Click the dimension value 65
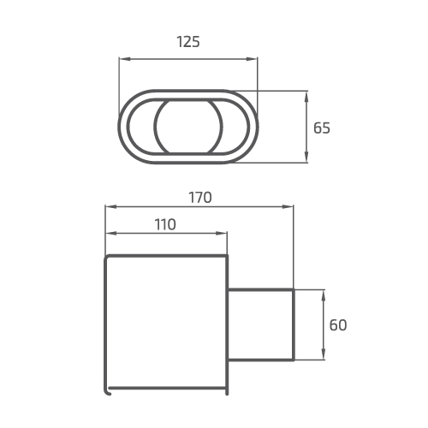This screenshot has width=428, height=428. pyautogui.click(x=322, y=128)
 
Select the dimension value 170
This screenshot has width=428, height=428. pyautogui.click(x=199, y=197)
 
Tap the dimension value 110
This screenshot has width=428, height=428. pyautogui.click(x=165, y=224)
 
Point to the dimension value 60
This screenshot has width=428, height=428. pyautogui.click(x=338, y=325)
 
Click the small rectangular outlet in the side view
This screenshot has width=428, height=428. pyautogui.click(x=261, y=324)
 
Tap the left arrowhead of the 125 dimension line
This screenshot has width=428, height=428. pyautogui.click(x=122, y=59)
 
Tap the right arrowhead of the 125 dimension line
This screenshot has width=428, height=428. pyautogui.click(x=254, y=59)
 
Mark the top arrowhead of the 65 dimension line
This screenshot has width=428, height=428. pyautogui.click(x=307, y=93)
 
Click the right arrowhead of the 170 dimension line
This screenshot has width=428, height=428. pyautogui.click(x=291, y=206)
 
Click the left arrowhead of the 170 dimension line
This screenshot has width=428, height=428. pyautogui.click(x=107, y=206)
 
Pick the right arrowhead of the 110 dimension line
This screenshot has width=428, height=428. pyautogui.click(x=225, y=233)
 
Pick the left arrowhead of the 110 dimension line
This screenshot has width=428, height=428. pyautogui.click(x=107, y=233)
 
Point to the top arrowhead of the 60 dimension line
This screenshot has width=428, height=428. pyautogui.click(x=324, y=293)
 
